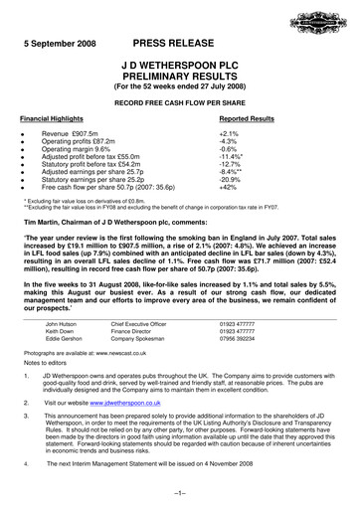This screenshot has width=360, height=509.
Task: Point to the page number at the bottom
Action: pos(180,493)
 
